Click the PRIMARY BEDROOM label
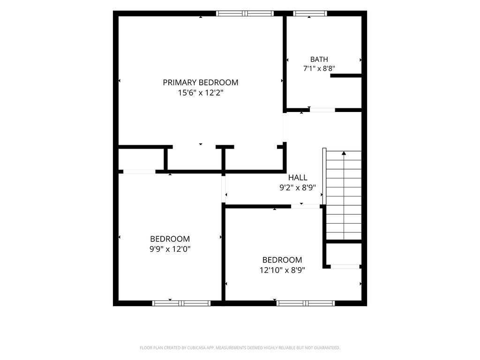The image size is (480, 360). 201,82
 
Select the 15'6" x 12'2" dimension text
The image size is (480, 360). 201,93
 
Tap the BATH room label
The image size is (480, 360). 319,59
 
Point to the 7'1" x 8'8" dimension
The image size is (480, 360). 319,68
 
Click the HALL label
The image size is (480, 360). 298,178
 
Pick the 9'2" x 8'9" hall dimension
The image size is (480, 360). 298,187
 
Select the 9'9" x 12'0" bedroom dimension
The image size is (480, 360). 170,249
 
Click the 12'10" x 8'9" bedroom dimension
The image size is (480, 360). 282,270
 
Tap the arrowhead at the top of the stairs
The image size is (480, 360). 344,153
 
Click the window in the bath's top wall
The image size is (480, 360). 310,14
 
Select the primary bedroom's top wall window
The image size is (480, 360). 245,14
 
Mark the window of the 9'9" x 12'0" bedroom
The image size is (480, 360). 181,303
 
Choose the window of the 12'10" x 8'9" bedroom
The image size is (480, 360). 306,303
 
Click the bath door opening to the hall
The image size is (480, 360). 322,110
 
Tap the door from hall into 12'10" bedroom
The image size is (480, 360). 305,206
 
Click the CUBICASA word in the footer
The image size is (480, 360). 201,348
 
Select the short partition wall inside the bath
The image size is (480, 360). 346,75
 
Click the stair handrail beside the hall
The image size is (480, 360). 324,177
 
